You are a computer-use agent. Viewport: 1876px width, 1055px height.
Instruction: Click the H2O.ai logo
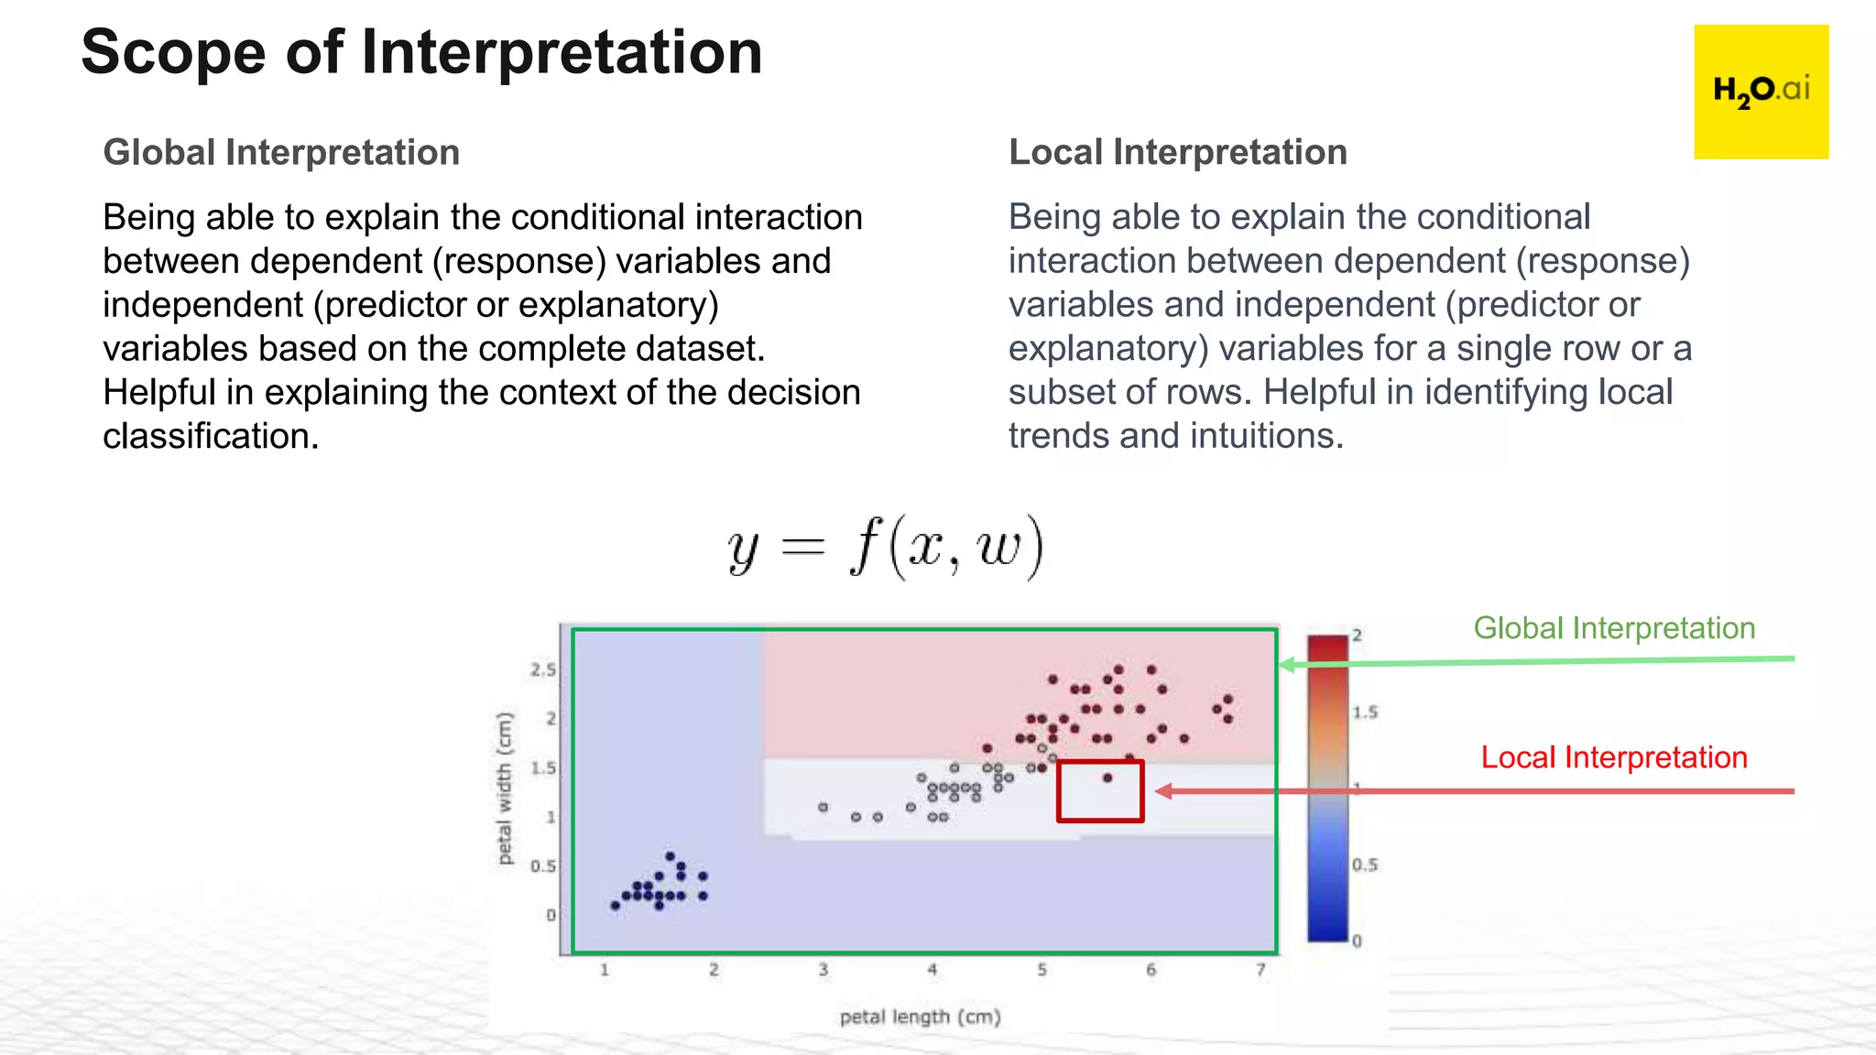pos(1761,92)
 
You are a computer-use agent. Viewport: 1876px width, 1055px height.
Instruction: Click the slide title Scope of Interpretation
pos(421,52)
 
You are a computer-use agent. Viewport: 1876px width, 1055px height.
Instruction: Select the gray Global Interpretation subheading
pos(281,152)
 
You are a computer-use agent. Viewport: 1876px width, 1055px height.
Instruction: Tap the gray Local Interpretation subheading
pos(1178,152)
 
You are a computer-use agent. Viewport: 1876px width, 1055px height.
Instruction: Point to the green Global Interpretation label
pos(1614,628)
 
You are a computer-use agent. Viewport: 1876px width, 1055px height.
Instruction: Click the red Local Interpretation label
pos(1614,757)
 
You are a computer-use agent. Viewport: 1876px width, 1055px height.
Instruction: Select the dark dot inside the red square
pos(1107,778)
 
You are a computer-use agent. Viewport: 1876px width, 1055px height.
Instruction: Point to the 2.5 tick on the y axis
pos(543,669)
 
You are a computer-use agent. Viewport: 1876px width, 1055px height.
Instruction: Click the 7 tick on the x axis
pos(1260,970)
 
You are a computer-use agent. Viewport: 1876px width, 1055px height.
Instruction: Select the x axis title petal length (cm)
pos(920,1017)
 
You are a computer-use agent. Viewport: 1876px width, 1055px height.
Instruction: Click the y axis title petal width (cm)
pos(505,789)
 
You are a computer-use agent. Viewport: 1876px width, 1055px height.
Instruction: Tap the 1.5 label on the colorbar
pos(1365,712)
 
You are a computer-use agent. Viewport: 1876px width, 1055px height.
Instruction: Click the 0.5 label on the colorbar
pos(1365,865)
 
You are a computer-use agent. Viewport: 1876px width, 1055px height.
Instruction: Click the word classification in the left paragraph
pos(210,437)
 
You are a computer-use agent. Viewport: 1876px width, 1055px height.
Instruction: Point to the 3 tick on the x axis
pos(823,970)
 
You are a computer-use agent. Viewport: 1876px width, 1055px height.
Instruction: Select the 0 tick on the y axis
pos(551,915)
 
